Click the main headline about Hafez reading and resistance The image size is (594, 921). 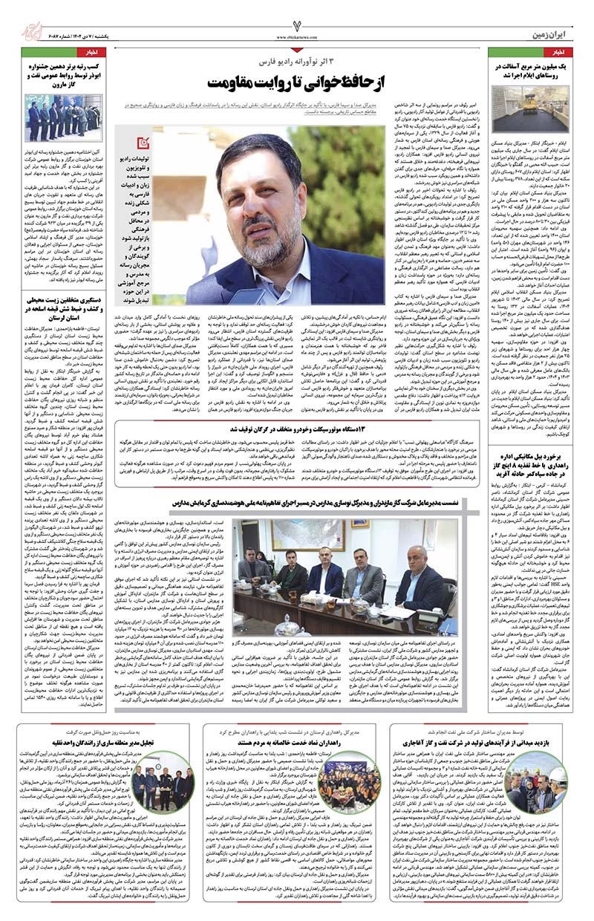tap(301, 79)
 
